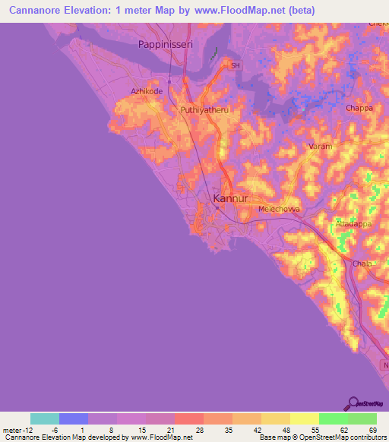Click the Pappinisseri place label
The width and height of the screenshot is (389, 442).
click(x=166, y=45)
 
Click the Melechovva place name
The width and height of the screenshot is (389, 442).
click(x=279, y=208)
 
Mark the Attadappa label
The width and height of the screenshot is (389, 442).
click(x=353, y=226)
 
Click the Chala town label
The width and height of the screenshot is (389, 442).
click(x=362, y=264)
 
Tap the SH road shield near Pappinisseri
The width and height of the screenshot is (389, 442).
click(x=236, y=66)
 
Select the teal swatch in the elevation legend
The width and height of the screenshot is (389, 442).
click(x=45, y=418)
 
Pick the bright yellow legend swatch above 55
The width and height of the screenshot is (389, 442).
click(x=304, y=418)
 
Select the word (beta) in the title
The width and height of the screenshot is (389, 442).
click(x=298, y=11)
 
